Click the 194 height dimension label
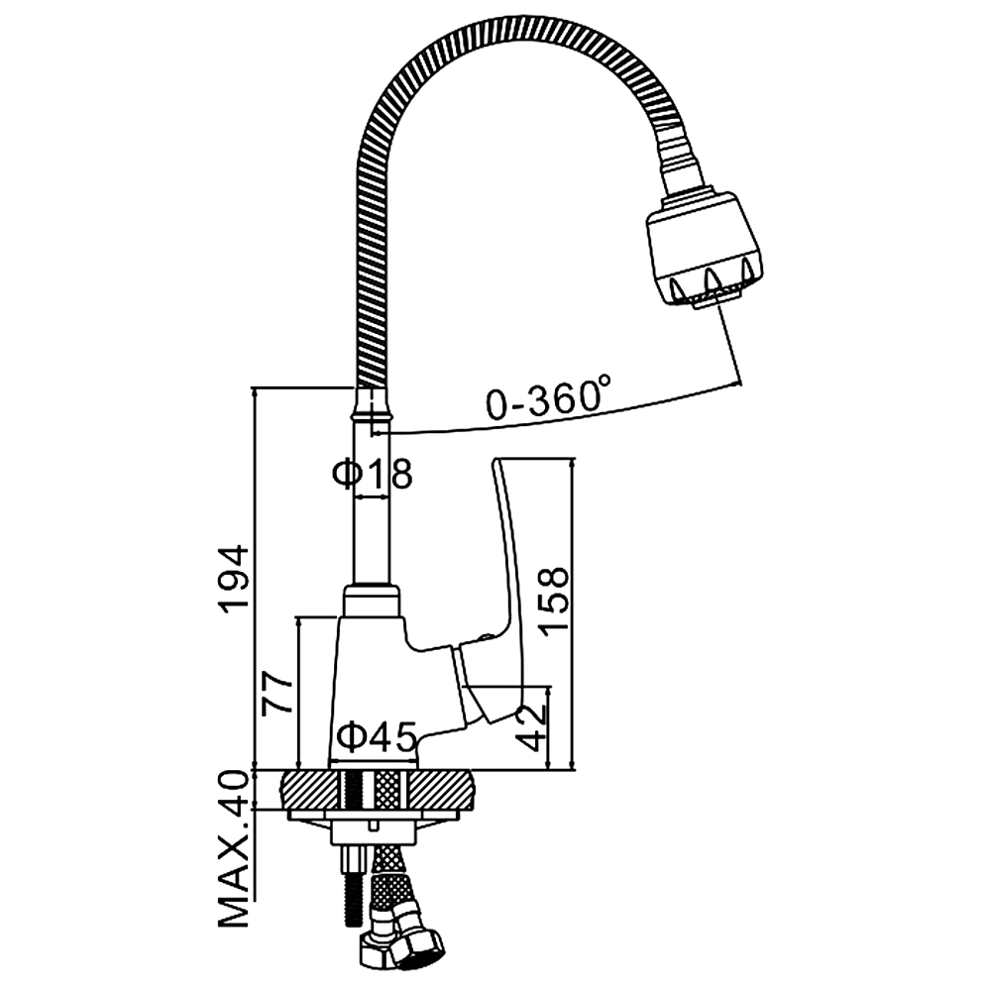coord(233,579)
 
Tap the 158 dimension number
coord(554,600)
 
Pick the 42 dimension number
coord(532,727)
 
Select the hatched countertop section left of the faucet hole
coord(308,791)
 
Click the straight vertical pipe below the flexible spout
coord(372,515)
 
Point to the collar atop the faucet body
coord(373,601)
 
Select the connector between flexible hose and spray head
coord(681,168)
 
